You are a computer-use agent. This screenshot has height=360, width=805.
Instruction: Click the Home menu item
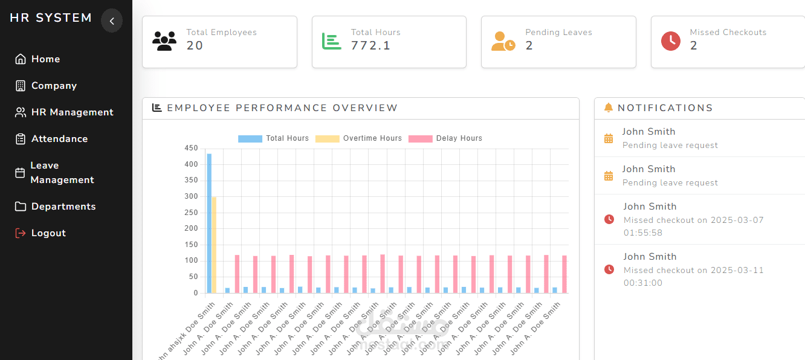tap(45, 59)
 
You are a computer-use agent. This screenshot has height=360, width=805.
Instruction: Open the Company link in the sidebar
tap(54, 86)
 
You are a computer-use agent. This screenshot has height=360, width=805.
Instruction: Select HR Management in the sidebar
tap(72, 112)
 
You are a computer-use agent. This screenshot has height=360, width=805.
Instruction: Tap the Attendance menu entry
tap(59, 139)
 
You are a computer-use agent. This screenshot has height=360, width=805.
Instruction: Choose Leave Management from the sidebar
tap(62, 173)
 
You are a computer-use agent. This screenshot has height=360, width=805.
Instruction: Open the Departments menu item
tap(63, 207)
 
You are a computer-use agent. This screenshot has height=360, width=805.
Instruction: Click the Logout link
tap(48, 233)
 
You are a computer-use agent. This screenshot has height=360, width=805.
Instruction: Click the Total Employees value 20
tap(195, 46)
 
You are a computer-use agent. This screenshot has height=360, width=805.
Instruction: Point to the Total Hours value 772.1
tap(370, 46)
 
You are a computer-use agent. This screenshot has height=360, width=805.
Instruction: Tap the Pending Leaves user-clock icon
tap(503, 41)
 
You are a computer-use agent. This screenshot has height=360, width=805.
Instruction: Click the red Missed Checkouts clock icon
tap(671, 41)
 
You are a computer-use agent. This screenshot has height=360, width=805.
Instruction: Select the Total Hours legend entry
tap(274, 138)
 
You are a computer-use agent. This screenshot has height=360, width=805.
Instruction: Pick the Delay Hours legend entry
tap(445, 138)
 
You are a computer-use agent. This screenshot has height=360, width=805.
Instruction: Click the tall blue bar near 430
tap(209, 223)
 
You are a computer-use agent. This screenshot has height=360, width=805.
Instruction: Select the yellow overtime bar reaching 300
tap(214, 245)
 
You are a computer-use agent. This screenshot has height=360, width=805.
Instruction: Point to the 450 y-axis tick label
tap(191, 148)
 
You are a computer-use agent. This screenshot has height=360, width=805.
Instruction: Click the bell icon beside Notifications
tap(609, 108)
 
